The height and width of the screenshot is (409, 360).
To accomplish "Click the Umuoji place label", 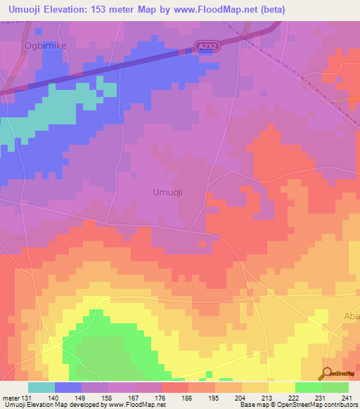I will click(x=168, y=192).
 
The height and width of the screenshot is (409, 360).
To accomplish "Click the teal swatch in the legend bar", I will click(x=41, y=387).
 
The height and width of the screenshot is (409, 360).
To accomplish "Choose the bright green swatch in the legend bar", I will click(x=308, y=387).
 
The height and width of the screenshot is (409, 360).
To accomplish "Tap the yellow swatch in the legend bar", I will click(x=281, y=387).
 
